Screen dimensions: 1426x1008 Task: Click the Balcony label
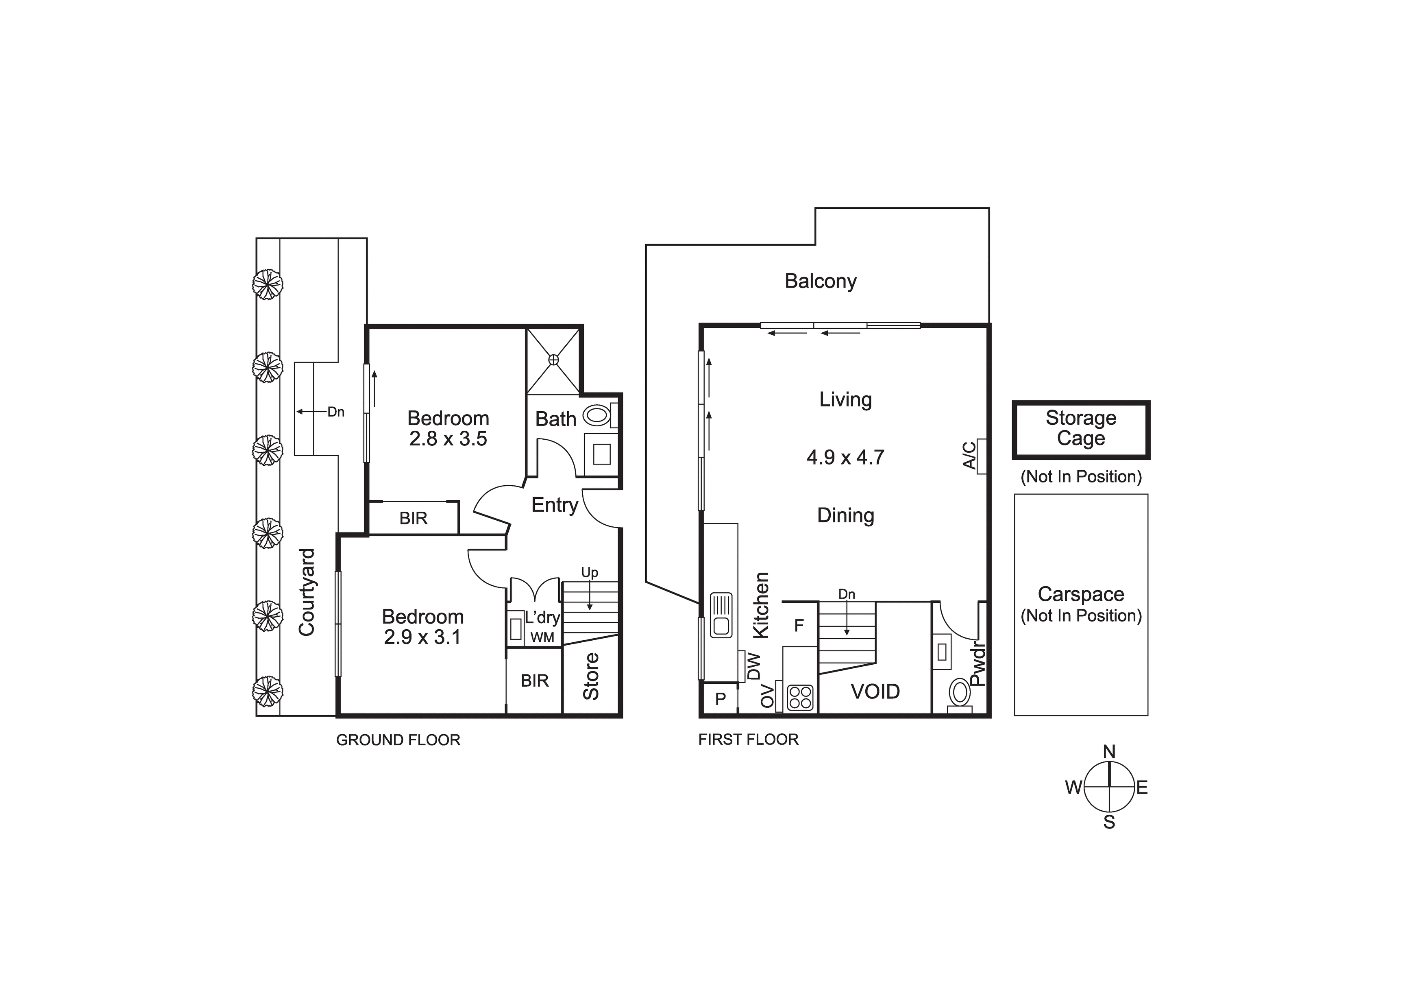pyautogui.click(x=821, y=281)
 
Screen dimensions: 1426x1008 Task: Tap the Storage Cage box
pyautogui.click(x=1081, y=430)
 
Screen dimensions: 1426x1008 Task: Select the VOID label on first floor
pyautogui.click(x=875, y=692)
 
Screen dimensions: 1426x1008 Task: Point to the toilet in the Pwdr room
pyautogui.click(x=960, y=694)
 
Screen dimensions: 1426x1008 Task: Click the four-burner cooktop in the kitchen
pyautogui.click(x=800, y=697)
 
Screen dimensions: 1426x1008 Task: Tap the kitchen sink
pyautogui.click(x=721, y=615)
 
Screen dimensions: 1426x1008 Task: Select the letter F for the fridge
pyautogui.click(x=799, y=625)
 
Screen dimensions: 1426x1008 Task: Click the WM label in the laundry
pyautogui.click(x=542, y=637)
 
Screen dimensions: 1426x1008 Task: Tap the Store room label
pyautogui.click(x=591, y=676)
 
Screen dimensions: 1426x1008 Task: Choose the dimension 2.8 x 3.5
pyautogui.click(x=448, y=439)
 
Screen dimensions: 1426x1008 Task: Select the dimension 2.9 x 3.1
pyautogui.click(x=422, y=637)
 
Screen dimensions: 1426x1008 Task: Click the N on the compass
pyautogui.click(x=1109, y=751)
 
